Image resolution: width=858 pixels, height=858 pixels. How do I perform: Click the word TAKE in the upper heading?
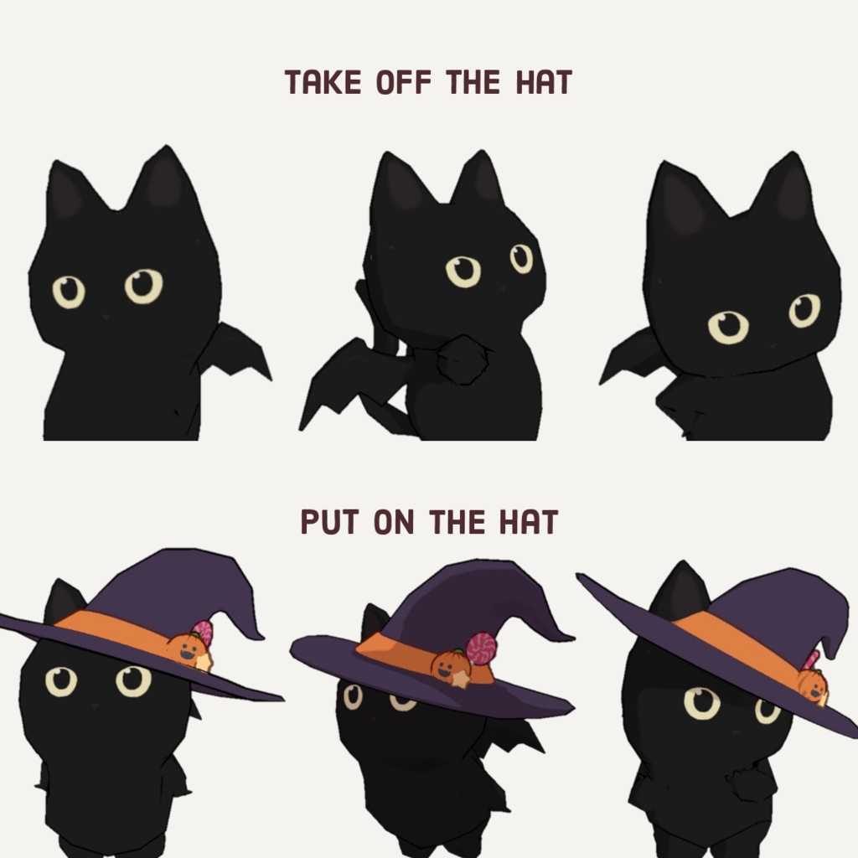tap(323, 82)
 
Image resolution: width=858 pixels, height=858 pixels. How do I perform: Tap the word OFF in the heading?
tap(404, 82)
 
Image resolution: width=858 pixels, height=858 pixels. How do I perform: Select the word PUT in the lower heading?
tap(329, 521)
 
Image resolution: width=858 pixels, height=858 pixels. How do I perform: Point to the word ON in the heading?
tap(394, 521)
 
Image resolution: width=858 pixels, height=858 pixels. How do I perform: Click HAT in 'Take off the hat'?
tap(544, 82)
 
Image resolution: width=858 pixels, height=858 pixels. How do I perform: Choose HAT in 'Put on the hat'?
tap(529, 521)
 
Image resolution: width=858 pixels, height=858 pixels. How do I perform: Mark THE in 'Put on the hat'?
tap(457, 521)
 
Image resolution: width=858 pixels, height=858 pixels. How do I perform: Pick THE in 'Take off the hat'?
tap(473, 82)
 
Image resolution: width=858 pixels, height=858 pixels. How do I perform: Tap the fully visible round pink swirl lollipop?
tap(481, 649)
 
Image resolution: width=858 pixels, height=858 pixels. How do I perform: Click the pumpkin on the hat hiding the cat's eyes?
tap(451, 664)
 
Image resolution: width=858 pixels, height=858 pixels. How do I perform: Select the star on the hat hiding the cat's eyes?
tap(460, 679)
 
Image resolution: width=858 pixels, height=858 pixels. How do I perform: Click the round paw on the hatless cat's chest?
tap(463, 360)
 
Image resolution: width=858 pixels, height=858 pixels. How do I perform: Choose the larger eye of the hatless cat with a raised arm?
tap(463, 271)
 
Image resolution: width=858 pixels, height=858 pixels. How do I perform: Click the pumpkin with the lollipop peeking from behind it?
tap(189, 649)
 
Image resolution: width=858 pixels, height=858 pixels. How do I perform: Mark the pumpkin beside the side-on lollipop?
tap(813, 685)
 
